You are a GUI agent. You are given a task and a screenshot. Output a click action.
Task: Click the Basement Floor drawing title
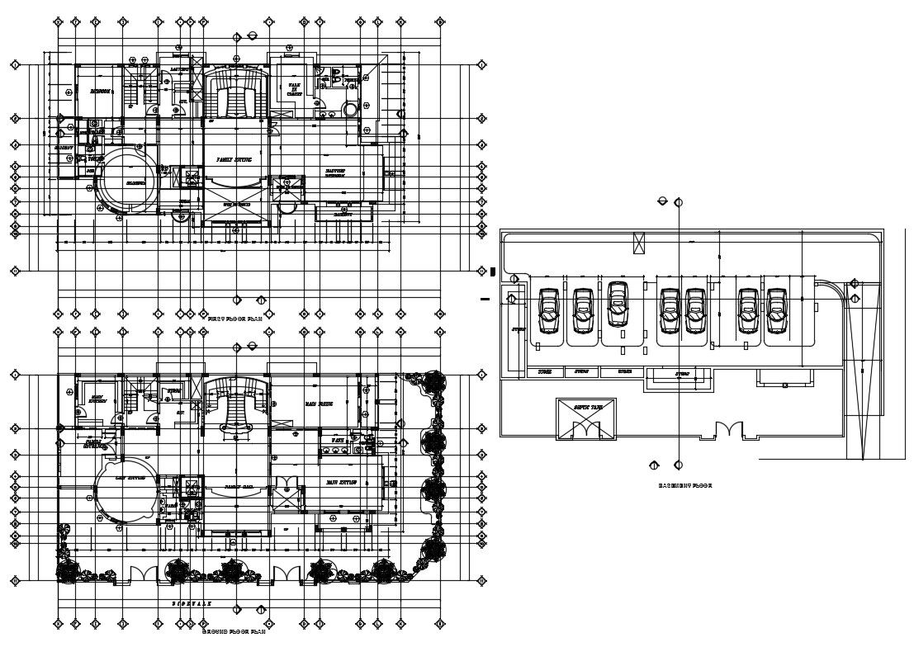coord(684,486)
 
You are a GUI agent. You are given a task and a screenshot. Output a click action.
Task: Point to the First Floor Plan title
coord(235,318)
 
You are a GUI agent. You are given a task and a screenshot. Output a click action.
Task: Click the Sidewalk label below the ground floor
coord(192,604)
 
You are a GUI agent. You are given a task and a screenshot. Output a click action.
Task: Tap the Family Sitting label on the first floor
coord(234,158)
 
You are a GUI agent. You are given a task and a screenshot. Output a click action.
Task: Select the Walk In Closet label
coord(295,90)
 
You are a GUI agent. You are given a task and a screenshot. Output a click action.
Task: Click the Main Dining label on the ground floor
coord(319,404)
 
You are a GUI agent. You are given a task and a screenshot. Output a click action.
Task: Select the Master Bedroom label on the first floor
coord(334,173)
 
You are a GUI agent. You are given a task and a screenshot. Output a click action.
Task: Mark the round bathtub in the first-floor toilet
coord(352,109)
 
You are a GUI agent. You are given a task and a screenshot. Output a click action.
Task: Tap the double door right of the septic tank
coord(728,430)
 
